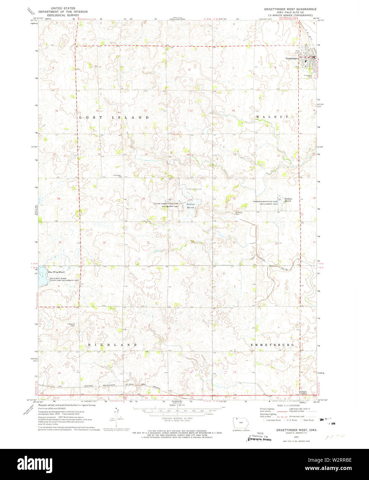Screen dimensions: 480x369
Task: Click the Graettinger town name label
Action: pyautogui.click(x=292, y=58)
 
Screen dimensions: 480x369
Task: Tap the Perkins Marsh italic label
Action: pyautogui.click(x=288, y=200)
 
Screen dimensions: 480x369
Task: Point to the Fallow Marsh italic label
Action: pyautogui.click(x=191, y=206)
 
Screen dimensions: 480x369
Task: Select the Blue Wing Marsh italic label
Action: pyautogui.click(x=56, y=272)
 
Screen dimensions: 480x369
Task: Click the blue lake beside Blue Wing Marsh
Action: pyautogui.click(x=41, y=276)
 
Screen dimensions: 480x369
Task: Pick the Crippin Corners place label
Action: pyautogui.click(x=303, y=393)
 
